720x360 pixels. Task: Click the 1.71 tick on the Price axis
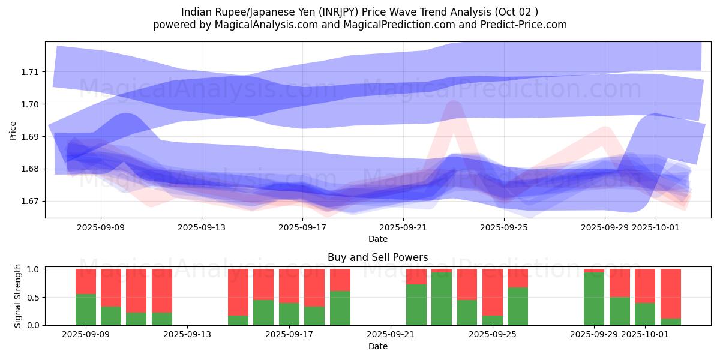[29, 72]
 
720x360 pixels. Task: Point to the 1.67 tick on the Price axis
[29, 201]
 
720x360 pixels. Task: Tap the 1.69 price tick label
[29, 137]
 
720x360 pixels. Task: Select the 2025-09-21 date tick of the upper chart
[403, 227]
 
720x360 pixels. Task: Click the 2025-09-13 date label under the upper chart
[202, 227]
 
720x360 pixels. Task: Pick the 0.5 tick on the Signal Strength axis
[33, 298]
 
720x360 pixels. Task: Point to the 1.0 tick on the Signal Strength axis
[33, 269]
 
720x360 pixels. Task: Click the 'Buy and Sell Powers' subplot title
[377, 257]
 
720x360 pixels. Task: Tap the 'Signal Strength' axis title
[18, 296]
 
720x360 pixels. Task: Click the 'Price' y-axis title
[13, 130]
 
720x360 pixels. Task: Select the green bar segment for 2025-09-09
[86, 310]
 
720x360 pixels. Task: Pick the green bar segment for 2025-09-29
[594, 299]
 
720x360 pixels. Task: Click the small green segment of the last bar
[670, 322]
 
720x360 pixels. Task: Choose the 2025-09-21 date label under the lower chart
[391, 334]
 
